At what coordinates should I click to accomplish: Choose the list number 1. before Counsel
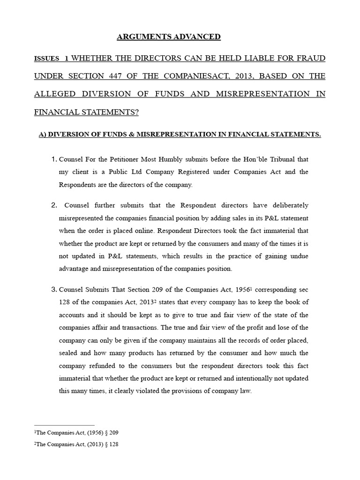[54, 159]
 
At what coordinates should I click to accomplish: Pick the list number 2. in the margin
[54, 205]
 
